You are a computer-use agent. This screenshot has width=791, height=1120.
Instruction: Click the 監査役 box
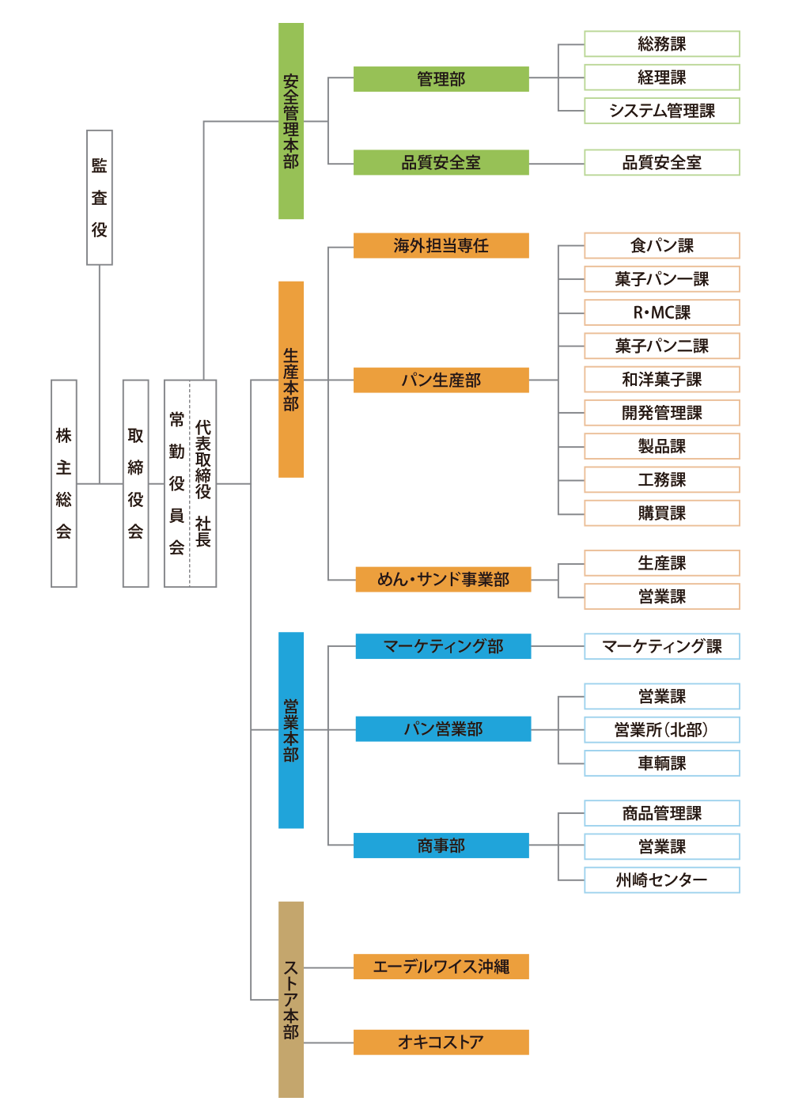point(99,197)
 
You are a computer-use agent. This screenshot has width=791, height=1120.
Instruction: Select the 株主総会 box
point(64,483)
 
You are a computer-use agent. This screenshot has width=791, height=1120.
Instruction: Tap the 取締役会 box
point(135,483)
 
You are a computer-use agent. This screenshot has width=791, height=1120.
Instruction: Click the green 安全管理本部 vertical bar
point(291,121)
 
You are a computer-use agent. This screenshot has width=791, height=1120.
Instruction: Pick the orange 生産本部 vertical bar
point(291,379)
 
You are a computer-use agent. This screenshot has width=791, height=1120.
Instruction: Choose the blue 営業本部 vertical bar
point(291,730)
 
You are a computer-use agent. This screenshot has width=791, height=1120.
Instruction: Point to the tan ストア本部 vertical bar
point(291,999)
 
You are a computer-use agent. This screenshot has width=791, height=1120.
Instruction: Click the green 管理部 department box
point(441,79)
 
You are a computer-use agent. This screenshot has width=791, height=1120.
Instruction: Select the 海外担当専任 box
point(441,246)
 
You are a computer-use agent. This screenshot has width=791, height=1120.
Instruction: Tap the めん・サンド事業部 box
point(443,580)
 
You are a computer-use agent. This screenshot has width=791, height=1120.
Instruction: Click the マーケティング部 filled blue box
point(443,646)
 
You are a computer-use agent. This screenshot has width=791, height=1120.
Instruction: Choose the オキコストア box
point(441,1042)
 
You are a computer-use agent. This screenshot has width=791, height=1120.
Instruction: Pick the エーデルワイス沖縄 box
point(441,967)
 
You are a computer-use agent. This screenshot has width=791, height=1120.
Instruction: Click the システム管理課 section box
point(661,111)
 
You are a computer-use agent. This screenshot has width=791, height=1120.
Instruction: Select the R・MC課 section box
point(661,312)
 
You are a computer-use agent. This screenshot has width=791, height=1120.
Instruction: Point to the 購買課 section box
point(661,513)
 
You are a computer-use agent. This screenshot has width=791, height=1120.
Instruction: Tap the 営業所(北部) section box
point(661,729)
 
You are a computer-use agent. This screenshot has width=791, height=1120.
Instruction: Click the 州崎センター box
point(661,880)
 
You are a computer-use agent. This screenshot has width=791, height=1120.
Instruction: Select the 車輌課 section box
point(661,763)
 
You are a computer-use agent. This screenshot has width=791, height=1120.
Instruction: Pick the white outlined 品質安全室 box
point(661,163)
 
